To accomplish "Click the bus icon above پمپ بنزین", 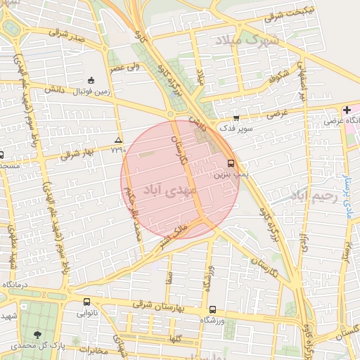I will (231, 162).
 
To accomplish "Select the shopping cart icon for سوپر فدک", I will (236, 118).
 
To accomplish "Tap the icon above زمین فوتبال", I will (91, 79).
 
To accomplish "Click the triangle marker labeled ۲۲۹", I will (118, 141).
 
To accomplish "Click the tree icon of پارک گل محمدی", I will (37, 335).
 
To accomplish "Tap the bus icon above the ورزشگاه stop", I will (212, 309).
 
